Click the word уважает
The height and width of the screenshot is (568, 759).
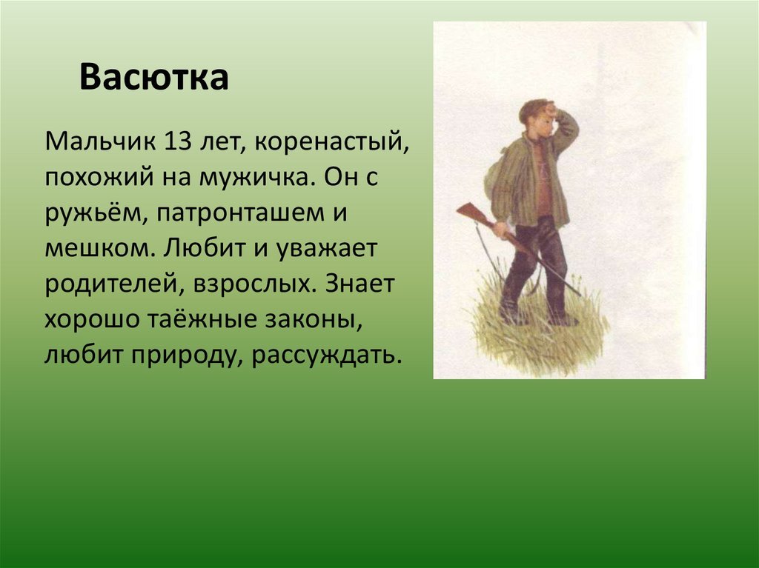coord(326,250)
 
